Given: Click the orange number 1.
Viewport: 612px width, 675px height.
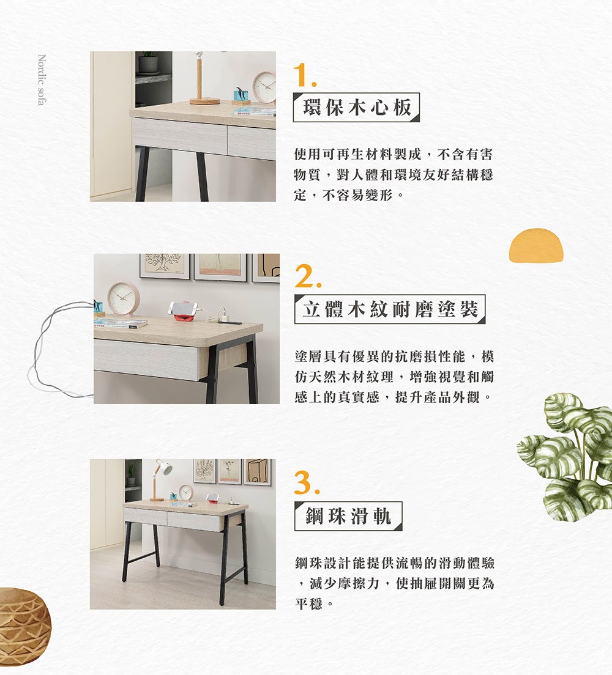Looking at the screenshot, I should [x=304, y=75].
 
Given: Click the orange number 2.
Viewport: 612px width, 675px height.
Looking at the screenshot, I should [x=306, y=278].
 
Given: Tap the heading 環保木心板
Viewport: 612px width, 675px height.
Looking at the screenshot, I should [x=356, y=108].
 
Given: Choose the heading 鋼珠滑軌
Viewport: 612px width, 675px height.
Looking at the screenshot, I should [x=348, y=516].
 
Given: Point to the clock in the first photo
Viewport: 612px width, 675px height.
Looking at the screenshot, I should [x=264, y=86].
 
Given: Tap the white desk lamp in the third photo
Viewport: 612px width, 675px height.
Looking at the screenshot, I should [x=163, y=468].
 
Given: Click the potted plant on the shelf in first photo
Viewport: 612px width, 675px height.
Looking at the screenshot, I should [x=147, y=62].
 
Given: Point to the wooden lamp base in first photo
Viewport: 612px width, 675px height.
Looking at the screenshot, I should [x=204, y=100].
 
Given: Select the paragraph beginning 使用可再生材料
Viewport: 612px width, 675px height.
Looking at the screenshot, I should [x=393, y=174].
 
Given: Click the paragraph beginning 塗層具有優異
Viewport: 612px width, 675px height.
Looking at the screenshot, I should [x=393, y=377].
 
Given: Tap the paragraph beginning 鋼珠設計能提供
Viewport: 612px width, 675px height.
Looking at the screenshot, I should [x=393, y=583].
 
